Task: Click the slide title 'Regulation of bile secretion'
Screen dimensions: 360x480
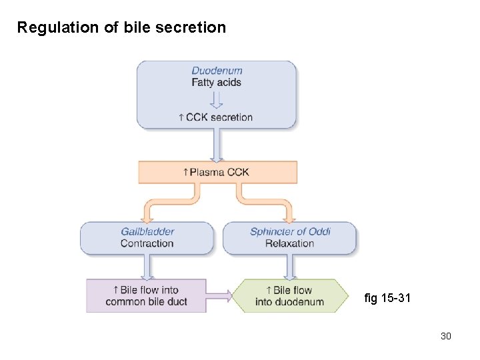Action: pos(121,27)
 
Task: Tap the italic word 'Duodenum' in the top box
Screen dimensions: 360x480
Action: pos(217,71)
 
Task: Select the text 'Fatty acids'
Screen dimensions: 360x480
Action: pos(216,83)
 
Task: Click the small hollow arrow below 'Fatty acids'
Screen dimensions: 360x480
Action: pos(216,101)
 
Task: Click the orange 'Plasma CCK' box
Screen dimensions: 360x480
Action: pos(217,172)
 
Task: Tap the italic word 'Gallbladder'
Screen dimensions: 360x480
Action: pos(147,231)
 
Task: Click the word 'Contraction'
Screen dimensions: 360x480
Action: pos(147,243)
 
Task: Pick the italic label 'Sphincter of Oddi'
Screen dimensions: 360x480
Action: pos(290,231)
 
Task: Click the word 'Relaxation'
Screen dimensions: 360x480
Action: pos(289,243)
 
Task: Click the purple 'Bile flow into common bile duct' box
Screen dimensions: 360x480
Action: pos(146,296)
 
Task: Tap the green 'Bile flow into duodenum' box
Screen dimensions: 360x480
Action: pos(290,296)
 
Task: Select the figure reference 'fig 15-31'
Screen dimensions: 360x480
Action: pos(387,298)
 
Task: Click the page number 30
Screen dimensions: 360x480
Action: pos(445,336)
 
